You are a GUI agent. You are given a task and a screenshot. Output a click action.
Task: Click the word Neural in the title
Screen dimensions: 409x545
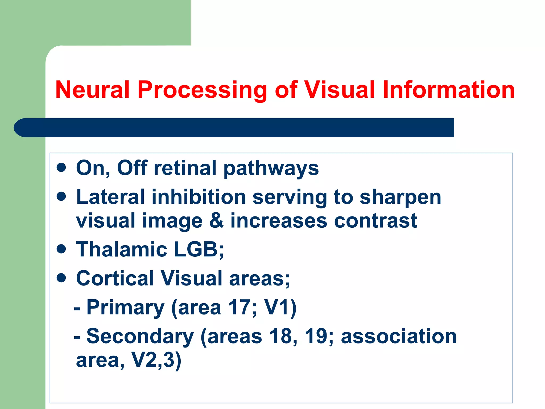(x=92, y=90)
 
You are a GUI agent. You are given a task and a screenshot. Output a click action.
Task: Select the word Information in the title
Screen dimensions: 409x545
(x=448, y=90)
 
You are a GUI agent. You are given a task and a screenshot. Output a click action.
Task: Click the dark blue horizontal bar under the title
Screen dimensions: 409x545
(x=234, y=128)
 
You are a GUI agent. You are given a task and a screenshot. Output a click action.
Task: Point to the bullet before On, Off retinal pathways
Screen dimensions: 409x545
(x=61, y=168)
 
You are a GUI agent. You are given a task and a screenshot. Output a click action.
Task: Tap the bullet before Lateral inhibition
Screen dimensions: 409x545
(x=61, y=197)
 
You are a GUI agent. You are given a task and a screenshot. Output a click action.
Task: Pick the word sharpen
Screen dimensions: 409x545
(x=400, y=198)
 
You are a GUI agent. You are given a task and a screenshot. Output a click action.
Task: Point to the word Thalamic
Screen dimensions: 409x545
(x=121, y=250)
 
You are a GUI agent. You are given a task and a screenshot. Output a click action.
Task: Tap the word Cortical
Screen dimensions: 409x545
(x=115, y=278)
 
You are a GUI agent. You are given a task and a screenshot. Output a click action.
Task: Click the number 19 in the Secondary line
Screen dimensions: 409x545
(x=316, y=336)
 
